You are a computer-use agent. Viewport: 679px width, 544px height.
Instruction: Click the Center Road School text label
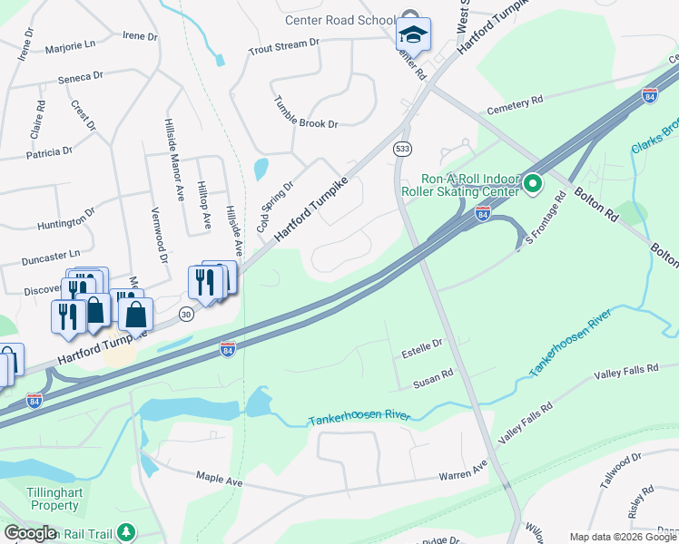tap(339, 21)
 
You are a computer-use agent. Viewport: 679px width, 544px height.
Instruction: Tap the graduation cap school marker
tap(413, 34)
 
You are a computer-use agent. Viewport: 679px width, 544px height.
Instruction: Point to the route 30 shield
tap(186, 314)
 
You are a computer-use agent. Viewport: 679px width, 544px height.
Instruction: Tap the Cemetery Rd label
tap(515, 105)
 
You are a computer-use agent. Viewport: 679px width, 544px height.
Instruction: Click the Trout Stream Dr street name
tap(284, 43)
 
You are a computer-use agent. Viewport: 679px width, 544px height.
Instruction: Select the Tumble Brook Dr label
tap(306, 112)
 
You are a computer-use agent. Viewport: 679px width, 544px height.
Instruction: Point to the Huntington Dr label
tap(66, 219)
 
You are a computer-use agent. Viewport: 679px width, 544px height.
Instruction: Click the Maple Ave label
tap(219, 477)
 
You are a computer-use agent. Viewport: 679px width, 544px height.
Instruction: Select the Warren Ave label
tap(463, 473)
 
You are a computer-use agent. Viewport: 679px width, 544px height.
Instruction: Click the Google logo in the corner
tap(30, 533)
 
